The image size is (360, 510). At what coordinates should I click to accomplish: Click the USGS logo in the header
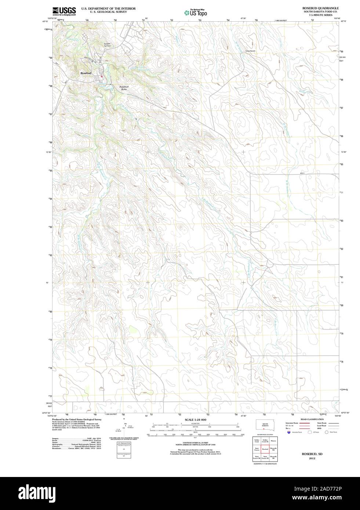tap(64, 11)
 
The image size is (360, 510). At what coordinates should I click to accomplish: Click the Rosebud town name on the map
tap(86, 73)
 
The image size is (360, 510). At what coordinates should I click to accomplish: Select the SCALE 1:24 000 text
tap(196, 419)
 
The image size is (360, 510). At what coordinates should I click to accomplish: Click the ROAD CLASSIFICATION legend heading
tap(312, 419)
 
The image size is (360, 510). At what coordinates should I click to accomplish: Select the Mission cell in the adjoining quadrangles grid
tap(273, 440)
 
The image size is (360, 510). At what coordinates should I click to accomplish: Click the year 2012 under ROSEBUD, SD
tap(312, 458)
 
